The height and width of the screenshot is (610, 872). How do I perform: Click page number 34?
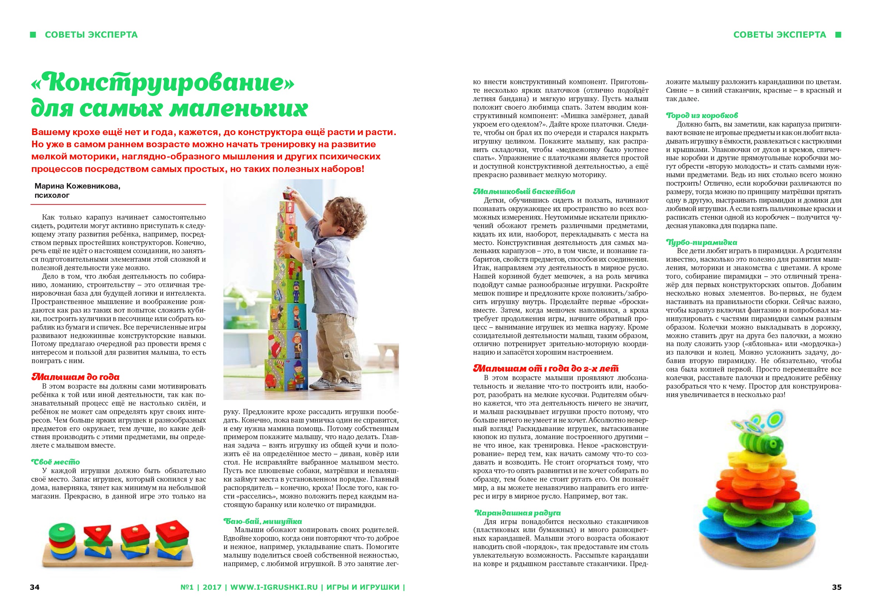[x=35, y=587]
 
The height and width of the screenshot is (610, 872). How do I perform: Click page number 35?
[x=837, y=587]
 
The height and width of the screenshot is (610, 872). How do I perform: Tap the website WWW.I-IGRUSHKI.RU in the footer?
[x=274, y=587]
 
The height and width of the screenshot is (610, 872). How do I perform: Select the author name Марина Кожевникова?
[x=77, y=186]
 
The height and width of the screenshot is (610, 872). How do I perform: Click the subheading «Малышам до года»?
[x=75, y=377]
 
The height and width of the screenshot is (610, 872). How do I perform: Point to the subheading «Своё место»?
[x=55, y=462]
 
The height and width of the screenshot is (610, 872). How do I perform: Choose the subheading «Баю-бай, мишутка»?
[x=262, y=521]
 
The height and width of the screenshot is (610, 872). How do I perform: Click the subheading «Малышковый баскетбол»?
[x=524, y=191]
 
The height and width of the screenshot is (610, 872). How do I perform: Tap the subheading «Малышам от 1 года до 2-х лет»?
[x=545, y=368]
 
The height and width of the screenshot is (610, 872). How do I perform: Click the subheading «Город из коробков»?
[x=701, y=116]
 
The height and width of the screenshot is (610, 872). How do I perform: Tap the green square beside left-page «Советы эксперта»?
[x=33, y=35]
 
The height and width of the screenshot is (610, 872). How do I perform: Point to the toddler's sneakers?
[x=334, y=384]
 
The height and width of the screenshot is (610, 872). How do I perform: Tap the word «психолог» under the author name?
[x=52, y=196]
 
